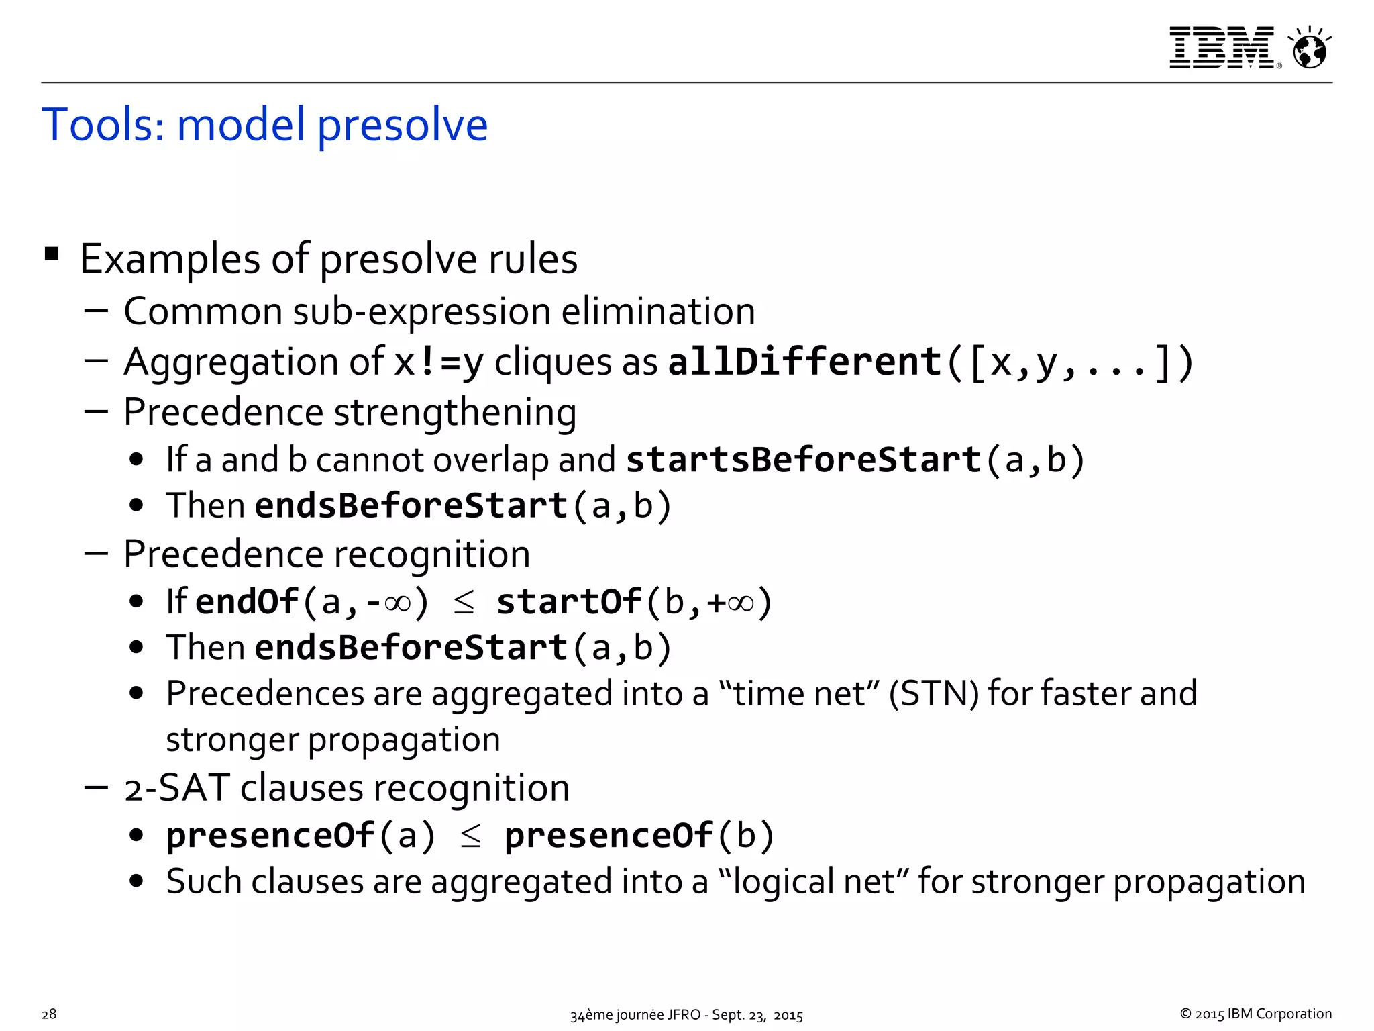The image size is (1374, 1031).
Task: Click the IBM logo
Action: [1221, 48]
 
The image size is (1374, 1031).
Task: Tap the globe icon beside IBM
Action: [1310, 49]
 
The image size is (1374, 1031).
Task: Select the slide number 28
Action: [49, 1014]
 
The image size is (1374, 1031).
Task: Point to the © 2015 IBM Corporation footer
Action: [1255, 1014]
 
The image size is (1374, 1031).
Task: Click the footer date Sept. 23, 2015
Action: [757, 1015]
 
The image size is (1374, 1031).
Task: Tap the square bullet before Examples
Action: [52, 254]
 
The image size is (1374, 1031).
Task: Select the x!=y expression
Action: [439, 362]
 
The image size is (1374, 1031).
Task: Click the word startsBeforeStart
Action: [804, 460]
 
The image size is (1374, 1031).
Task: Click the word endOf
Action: [246, 601]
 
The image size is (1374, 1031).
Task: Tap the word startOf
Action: [569, 601]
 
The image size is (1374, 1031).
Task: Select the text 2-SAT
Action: [177, 788]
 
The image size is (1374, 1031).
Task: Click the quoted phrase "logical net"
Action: [813, 881]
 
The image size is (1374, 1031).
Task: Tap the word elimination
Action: [657, 311]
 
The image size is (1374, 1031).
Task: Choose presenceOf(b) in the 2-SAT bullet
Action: [639, 836]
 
